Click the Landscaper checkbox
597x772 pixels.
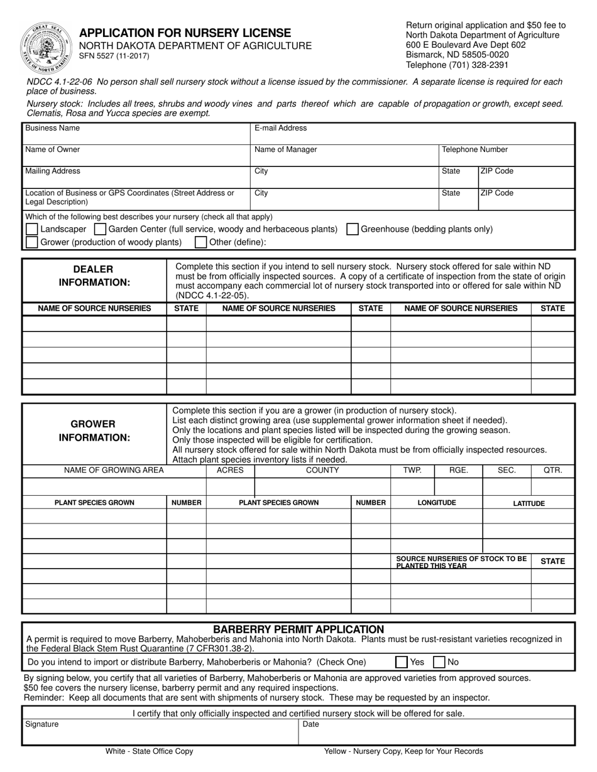point(31,229)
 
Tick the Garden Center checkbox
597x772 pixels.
point(100,229)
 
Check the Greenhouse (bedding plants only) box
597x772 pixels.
point(353,229)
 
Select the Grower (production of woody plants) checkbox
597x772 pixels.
point(31,242)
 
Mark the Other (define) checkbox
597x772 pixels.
point(200,242)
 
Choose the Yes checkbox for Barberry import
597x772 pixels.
point(401,662)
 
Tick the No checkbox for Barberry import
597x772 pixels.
point(440,662)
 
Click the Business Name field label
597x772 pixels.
point(52,128)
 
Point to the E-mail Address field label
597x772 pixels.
point(280,128)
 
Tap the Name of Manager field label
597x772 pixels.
point(285,150)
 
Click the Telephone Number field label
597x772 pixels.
point(474,150)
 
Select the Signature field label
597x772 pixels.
point(42,724)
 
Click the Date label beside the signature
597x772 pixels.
point(311,724)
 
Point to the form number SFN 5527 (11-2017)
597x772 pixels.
point(114,56)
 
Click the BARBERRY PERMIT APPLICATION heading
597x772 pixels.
point(298,629)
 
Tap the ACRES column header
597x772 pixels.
point(230,470)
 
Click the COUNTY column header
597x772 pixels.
point(322,470)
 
